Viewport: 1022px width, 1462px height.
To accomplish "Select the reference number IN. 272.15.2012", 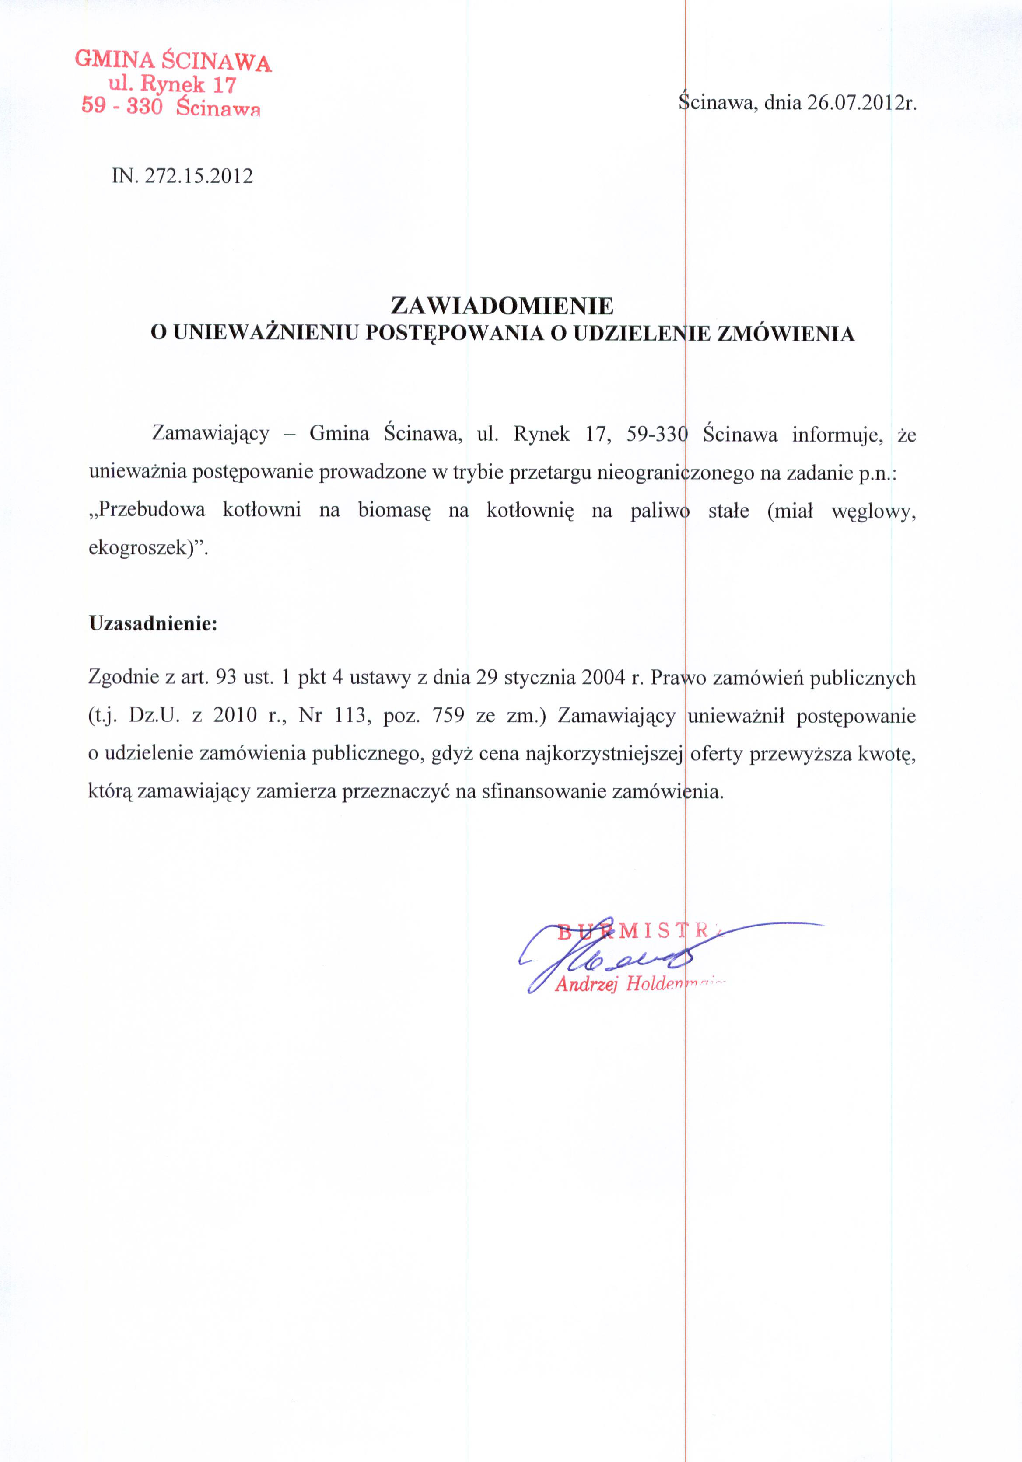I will [182, 176].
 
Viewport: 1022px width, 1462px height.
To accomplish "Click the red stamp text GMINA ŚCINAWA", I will [173, 61].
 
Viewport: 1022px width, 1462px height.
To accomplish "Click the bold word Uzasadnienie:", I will [153, 623].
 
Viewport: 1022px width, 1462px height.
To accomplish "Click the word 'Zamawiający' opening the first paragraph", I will [210, 434].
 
